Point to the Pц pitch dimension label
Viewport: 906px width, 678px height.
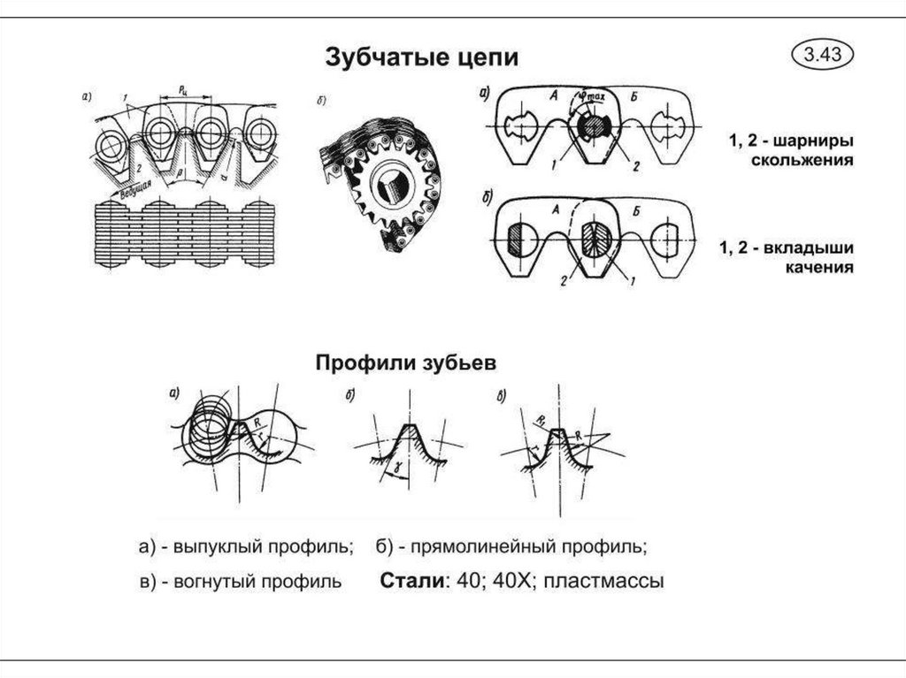coord(182,89)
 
